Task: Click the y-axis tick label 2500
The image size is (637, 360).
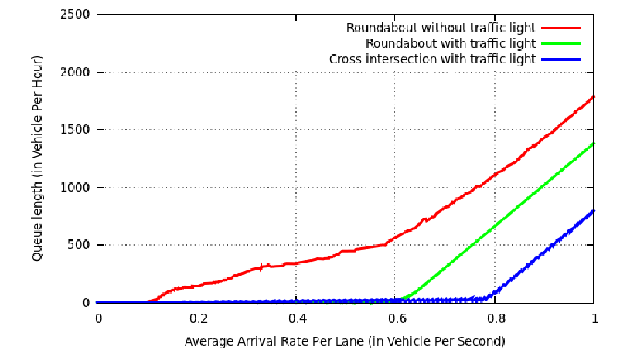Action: pos(78,15)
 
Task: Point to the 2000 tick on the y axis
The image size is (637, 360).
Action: pos(78,73)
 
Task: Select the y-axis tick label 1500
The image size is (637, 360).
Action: pos(78,130)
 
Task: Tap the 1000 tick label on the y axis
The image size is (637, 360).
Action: pos(78,188)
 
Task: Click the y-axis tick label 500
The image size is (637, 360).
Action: pos(81,246)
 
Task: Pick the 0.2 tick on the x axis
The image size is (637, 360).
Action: pos(197,318)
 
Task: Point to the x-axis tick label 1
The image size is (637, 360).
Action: pos(594,318)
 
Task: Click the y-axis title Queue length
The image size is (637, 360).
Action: pos(38,158)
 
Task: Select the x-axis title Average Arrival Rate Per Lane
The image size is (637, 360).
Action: pos(345,341)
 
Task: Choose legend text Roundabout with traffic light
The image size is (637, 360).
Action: pos(451,43)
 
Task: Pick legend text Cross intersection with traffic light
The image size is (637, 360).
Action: pos(432,59)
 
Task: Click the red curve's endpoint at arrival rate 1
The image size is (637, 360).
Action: pos(594,97)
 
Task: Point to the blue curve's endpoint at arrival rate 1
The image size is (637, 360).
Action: pos(594,211)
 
